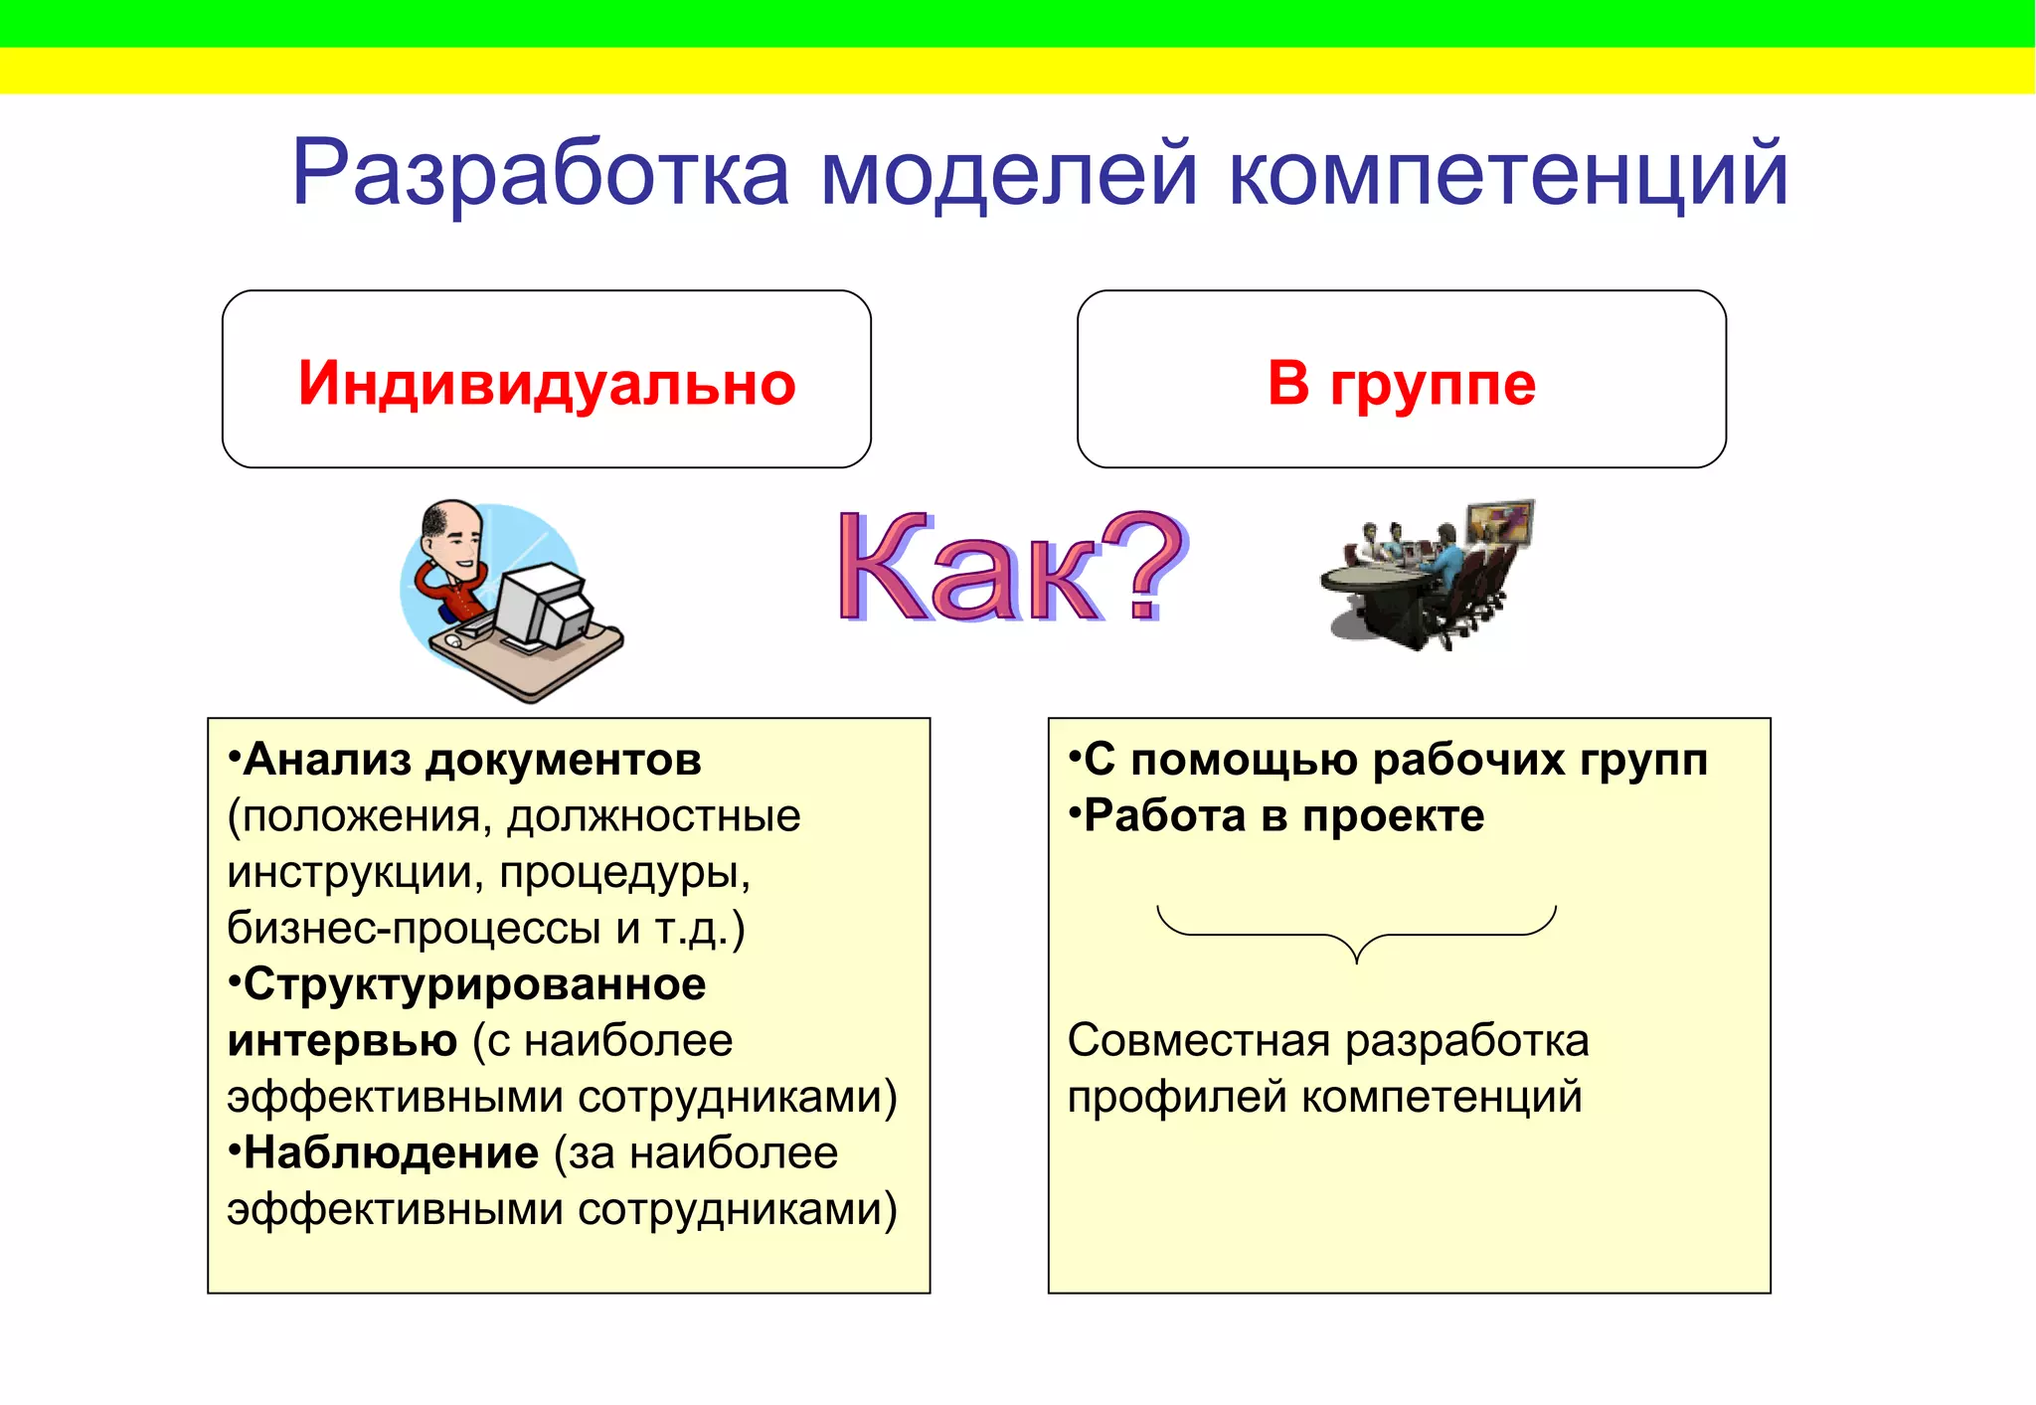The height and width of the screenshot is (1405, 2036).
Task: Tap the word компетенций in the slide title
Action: tap(1508, 174)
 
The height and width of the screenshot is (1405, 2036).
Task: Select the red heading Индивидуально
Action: tap(547, 383)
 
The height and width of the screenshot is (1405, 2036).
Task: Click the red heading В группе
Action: tap(1402, 383)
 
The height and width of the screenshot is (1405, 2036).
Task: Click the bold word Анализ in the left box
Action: tap(327, 760)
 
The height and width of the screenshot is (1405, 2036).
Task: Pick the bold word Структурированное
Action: tap(474, 984)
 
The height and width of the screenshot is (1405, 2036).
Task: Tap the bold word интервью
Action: tap(342, 1041)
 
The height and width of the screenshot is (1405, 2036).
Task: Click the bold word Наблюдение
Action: tap(391, 1153)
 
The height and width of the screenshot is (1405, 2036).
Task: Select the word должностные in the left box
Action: tap(653, 816)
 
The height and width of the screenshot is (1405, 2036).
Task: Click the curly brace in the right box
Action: tap(1356, 935)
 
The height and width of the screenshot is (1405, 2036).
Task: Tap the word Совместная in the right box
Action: tap(1198, 1041)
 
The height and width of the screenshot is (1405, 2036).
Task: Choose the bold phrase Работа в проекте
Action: tap(1283, 816)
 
